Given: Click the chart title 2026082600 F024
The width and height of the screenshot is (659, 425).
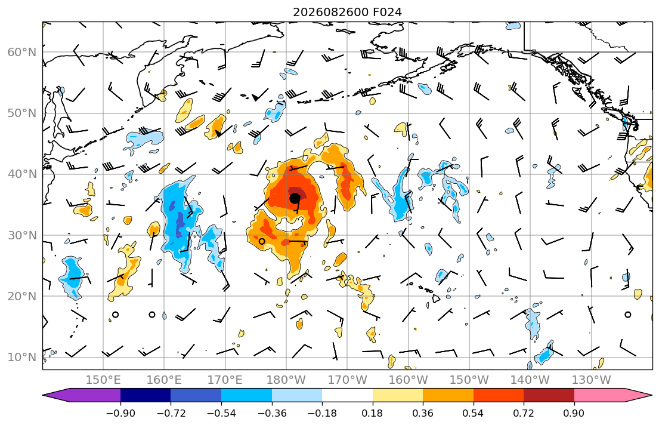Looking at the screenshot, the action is [x=347, y=12].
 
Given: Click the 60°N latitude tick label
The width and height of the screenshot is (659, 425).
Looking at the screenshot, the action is [x=22, y=52].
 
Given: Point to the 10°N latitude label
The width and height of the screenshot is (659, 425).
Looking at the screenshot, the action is [x=22, y=358].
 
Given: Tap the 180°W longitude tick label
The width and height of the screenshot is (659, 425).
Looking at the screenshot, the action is [x=286, y=380].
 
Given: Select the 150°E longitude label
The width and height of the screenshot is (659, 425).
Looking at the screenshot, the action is [x=103, y=380].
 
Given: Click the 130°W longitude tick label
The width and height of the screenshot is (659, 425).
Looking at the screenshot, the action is [x=592, y=380].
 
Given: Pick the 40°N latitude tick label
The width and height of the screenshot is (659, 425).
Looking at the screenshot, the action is [x=22, y=174].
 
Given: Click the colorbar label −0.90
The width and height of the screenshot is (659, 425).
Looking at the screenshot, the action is [x=120, y=413].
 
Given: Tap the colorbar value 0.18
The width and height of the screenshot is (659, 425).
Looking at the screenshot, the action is [x=372, y=413].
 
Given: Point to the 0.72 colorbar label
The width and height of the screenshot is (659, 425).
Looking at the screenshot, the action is [x=524, y=413].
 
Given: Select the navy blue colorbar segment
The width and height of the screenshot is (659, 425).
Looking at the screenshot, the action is [x=146, y=395].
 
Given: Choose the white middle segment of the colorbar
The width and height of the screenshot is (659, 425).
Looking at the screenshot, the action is [x=347, y=395].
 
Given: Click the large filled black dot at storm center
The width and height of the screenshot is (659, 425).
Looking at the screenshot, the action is [x=295, y=198].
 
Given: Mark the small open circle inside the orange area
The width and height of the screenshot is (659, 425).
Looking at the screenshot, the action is [x=262, y=241].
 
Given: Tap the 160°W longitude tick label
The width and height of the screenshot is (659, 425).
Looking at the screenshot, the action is [x=408, y=380].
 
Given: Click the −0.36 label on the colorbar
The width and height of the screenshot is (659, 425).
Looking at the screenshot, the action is [x=272, y=413].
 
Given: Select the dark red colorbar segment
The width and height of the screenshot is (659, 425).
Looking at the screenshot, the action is [x=549, y=395].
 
